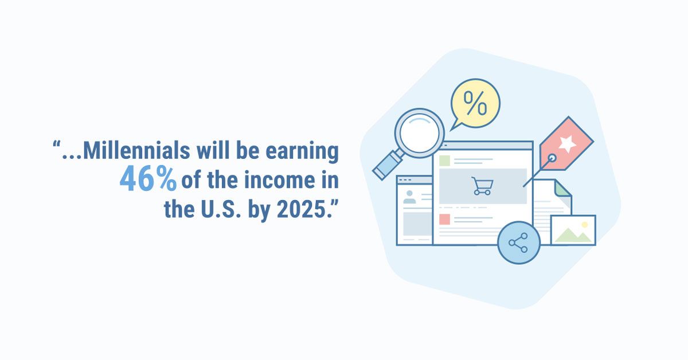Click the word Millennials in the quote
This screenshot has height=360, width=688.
click(x=136, y=150)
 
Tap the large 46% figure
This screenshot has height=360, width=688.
click(x=148, y=178)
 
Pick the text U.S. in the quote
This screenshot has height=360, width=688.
click(x=221, y=209)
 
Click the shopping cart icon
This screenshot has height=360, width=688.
click(x=483, y=186)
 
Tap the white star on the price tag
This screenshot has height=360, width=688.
click(x=567, y=143)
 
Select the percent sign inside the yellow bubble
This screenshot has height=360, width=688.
click(x=475, y=103)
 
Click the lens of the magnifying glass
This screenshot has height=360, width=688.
click(x=419, y=132)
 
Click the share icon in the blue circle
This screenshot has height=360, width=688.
click(x=518, y=242)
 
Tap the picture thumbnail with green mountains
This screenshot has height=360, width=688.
click(x=573, y=230)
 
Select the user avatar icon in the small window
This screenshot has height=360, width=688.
click(x=409, y=197)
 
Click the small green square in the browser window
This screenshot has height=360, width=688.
click(x=444, y=161)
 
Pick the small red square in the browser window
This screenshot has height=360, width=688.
click(x=444, y=220)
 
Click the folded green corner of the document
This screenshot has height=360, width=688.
click(x=562, y=188)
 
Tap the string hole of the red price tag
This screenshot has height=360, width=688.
click(x=552, y=158)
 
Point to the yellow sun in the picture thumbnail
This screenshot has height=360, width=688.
click(x=584, y=225)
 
